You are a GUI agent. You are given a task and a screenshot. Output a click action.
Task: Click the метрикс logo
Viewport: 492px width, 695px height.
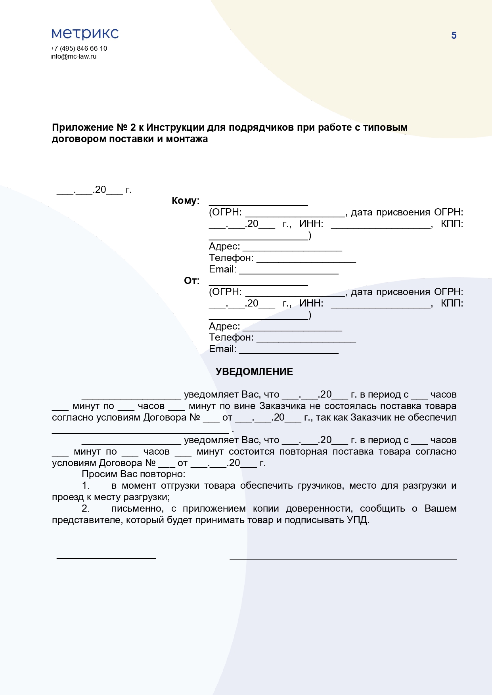pyautogui.click(x=85, y=34)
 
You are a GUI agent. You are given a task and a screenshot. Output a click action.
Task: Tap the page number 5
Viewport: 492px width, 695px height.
pyautogui.click(x=454, y=36)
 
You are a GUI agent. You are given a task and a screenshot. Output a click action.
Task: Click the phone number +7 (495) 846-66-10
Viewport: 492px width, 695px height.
pyautogui.click(x=79, y=48)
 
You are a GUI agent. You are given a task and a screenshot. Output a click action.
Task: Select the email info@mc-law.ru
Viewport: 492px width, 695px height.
pyautogui.click(x=73, y=56)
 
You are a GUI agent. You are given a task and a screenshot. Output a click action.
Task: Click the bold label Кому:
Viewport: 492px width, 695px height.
pyautogui.click(x=186, y=201)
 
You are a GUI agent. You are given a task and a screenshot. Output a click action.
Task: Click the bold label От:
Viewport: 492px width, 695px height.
pyautogui.click(x=192, y=281)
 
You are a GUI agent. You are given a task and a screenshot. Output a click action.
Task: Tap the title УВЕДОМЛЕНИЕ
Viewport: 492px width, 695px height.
pyautogui.click(x=254, y=371)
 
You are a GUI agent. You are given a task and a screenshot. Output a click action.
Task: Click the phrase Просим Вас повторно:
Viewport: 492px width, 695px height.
pyautogui.click(x=134, y=474)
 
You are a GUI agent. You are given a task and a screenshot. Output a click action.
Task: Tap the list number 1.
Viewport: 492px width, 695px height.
pyautogui.click(x=86, y=486)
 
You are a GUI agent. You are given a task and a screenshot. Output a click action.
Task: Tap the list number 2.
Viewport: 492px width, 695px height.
pyautogui.click(x=86, y=509)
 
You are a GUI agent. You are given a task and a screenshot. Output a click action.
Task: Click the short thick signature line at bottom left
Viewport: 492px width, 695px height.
pyautogui.click(x=106, y=558)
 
